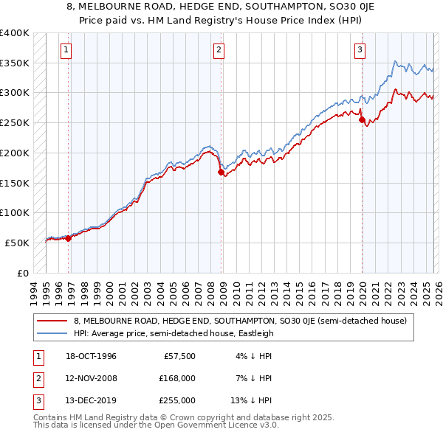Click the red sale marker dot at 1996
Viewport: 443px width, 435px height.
[x=69, y=238]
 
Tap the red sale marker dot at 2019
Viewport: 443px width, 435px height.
[x=362, y=119]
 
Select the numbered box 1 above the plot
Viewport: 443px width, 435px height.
[x=66, y=50]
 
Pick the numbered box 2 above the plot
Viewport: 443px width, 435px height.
[x=219, y=50]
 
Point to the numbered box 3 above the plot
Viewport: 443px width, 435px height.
[x=360, y=50]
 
